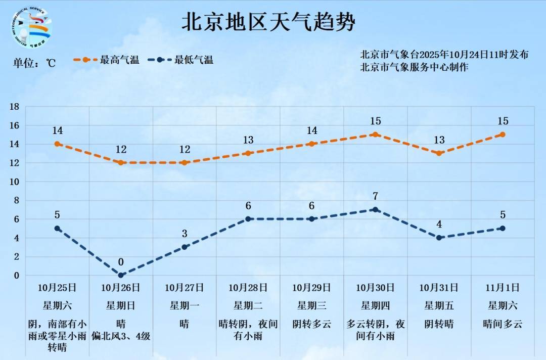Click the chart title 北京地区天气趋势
(268, 23)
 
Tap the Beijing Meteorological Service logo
(31, 28)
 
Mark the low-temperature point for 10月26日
(121, 275)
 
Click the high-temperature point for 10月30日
(375, 134)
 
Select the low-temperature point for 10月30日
(375, 209)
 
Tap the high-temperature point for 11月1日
(503, 134)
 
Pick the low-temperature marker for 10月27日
(185, 247)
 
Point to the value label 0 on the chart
(121, 262)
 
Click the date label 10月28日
(248, 288)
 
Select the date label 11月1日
(503, 288)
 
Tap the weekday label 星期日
(121, 305)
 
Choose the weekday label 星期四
(375, 305)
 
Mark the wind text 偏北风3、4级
(121, 336)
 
